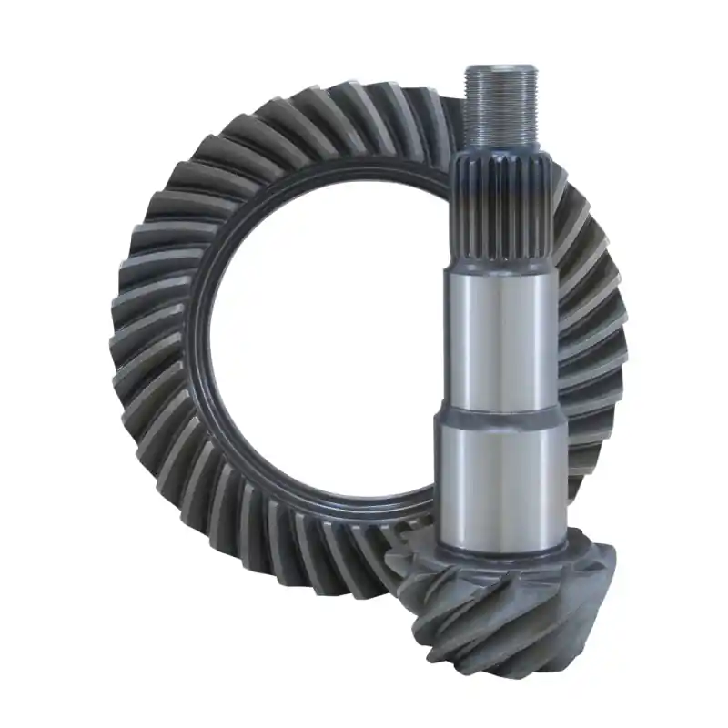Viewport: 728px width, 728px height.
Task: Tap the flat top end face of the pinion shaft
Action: (499, 69)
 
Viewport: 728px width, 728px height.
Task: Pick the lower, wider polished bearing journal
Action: (502, 478)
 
